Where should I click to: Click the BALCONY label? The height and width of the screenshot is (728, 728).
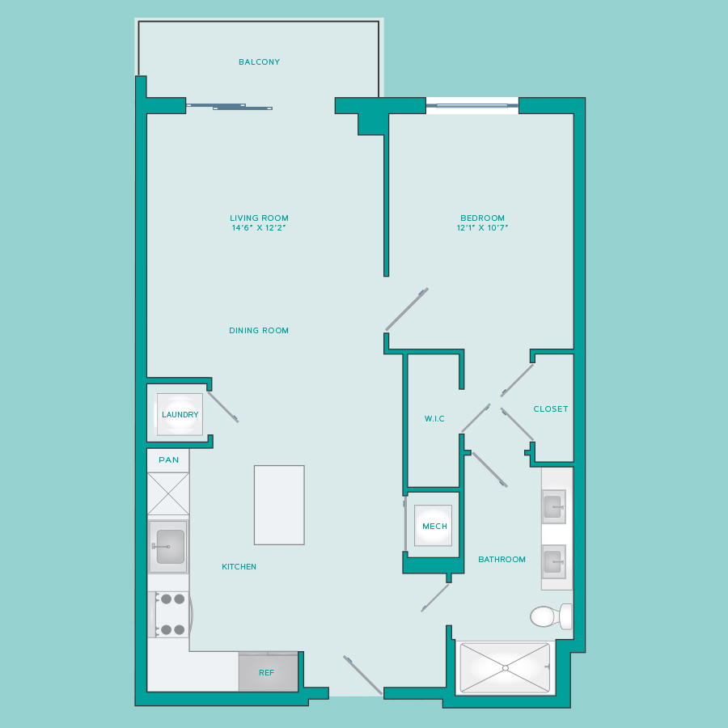tap(259, 61)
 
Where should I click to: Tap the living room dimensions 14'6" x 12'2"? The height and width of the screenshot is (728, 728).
tap(259, 227)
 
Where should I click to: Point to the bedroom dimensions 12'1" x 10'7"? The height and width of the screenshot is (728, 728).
tap(482, 227)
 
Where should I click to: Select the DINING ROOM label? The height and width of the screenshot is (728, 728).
tap(259, 331)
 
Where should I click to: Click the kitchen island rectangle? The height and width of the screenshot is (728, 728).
tap(279, 505)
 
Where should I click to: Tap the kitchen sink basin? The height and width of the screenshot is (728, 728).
tap(170, 547)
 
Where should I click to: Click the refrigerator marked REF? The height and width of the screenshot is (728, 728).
tap(269, 672)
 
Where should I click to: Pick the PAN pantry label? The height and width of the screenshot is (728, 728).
tap(168, 459)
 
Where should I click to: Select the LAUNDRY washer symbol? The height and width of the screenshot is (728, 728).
tap(180, 414)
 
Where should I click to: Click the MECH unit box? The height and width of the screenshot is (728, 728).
tap(434, 526)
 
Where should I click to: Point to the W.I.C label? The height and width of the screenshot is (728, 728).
tap(434, 419)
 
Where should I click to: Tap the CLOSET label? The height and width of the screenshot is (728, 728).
tap(551, 409)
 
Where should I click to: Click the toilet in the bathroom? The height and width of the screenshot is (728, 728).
tap(551, 616)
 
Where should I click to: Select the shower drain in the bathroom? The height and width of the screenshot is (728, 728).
tap(505, 668)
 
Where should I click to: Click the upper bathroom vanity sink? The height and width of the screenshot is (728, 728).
tap(554, 506)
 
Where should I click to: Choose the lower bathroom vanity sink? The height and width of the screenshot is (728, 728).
tap(554, 561)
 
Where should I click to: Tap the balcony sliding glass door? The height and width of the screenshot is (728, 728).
tap(230, 107)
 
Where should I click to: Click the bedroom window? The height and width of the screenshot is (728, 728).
tap(472, 106)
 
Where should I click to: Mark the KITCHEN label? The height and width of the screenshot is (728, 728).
tap(239, 566)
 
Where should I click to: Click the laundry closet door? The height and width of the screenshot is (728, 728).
tap(223, 407)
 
